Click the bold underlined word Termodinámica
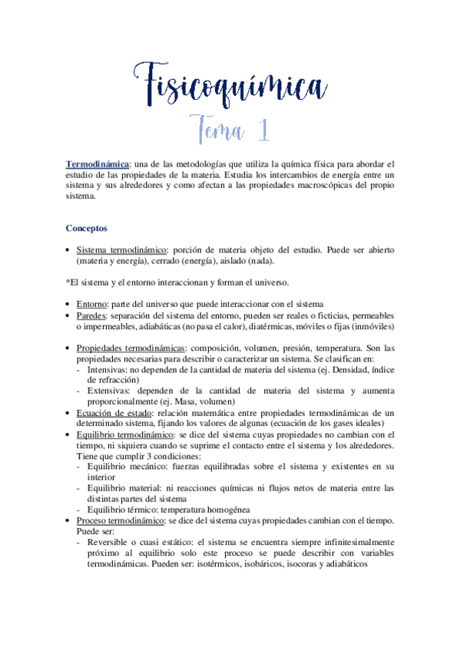[97, 164]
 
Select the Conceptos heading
[87, 229]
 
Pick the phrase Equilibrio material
[124, 487]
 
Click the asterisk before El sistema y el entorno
[68, 282]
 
